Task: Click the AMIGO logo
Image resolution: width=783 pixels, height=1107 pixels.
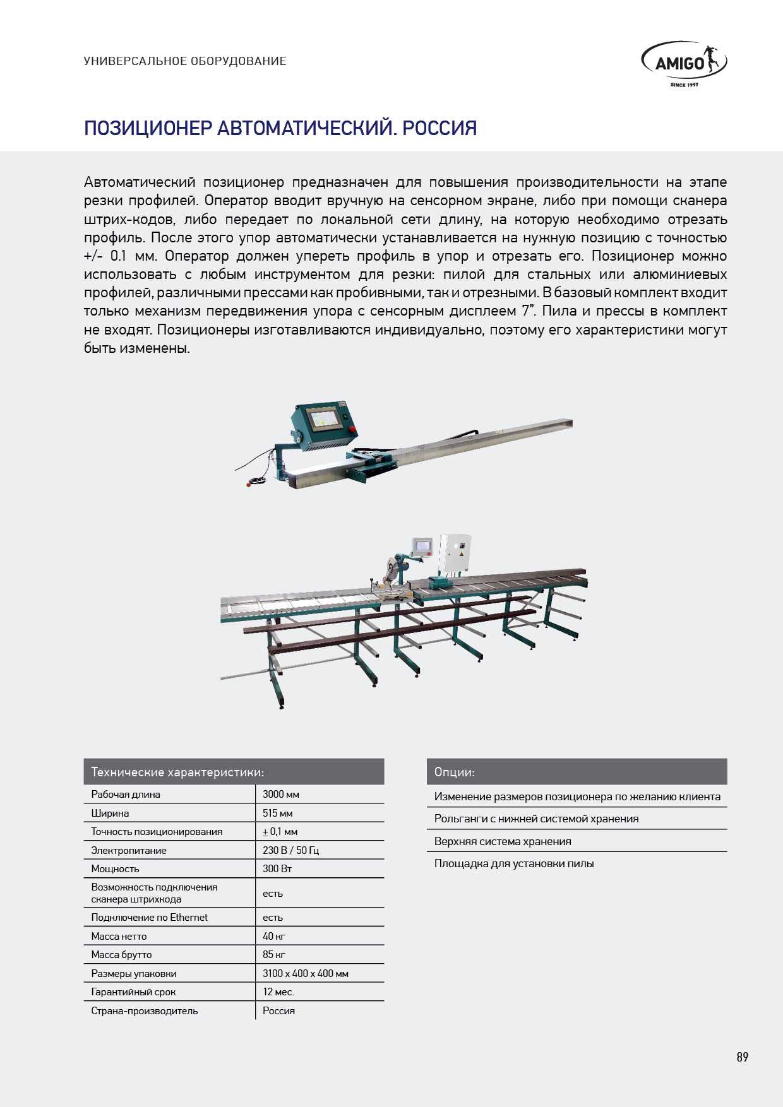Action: point(684,63)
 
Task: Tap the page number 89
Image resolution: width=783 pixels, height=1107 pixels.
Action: point(742,1057)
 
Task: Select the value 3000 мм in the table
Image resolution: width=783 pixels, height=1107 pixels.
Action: point(281,794)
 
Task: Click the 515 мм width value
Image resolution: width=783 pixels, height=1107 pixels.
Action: point(278,813)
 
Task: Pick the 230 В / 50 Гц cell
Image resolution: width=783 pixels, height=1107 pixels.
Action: point(290,850)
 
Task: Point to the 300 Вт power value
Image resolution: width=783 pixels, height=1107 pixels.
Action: point(277,868)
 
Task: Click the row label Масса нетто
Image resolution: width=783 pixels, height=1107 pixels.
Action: point(119,936)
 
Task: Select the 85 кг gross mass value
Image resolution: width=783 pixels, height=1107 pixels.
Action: point(274,954)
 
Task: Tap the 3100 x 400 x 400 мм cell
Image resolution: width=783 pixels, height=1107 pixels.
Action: point(306,973)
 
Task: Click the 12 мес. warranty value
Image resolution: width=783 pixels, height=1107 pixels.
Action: point(278,992)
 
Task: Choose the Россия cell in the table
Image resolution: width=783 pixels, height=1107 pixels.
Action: point(278,1010)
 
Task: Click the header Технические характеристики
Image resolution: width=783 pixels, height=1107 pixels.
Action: point(177,772)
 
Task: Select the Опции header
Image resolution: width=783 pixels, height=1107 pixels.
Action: point(455,772)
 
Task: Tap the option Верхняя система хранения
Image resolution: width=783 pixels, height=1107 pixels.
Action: point(503,841)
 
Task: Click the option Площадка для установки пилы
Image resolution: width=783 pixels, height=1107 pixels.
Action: point(514,863)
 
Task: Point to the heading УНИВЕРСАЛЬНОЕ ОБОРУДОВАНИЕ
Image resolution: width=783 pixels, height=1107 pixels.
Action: point(185,61)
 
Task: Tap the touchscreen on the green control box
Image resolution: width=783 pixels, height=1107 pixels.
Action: point(322,422)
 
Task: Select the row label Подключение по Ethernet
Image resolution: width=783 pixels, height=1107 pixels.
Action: point(149,917)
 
